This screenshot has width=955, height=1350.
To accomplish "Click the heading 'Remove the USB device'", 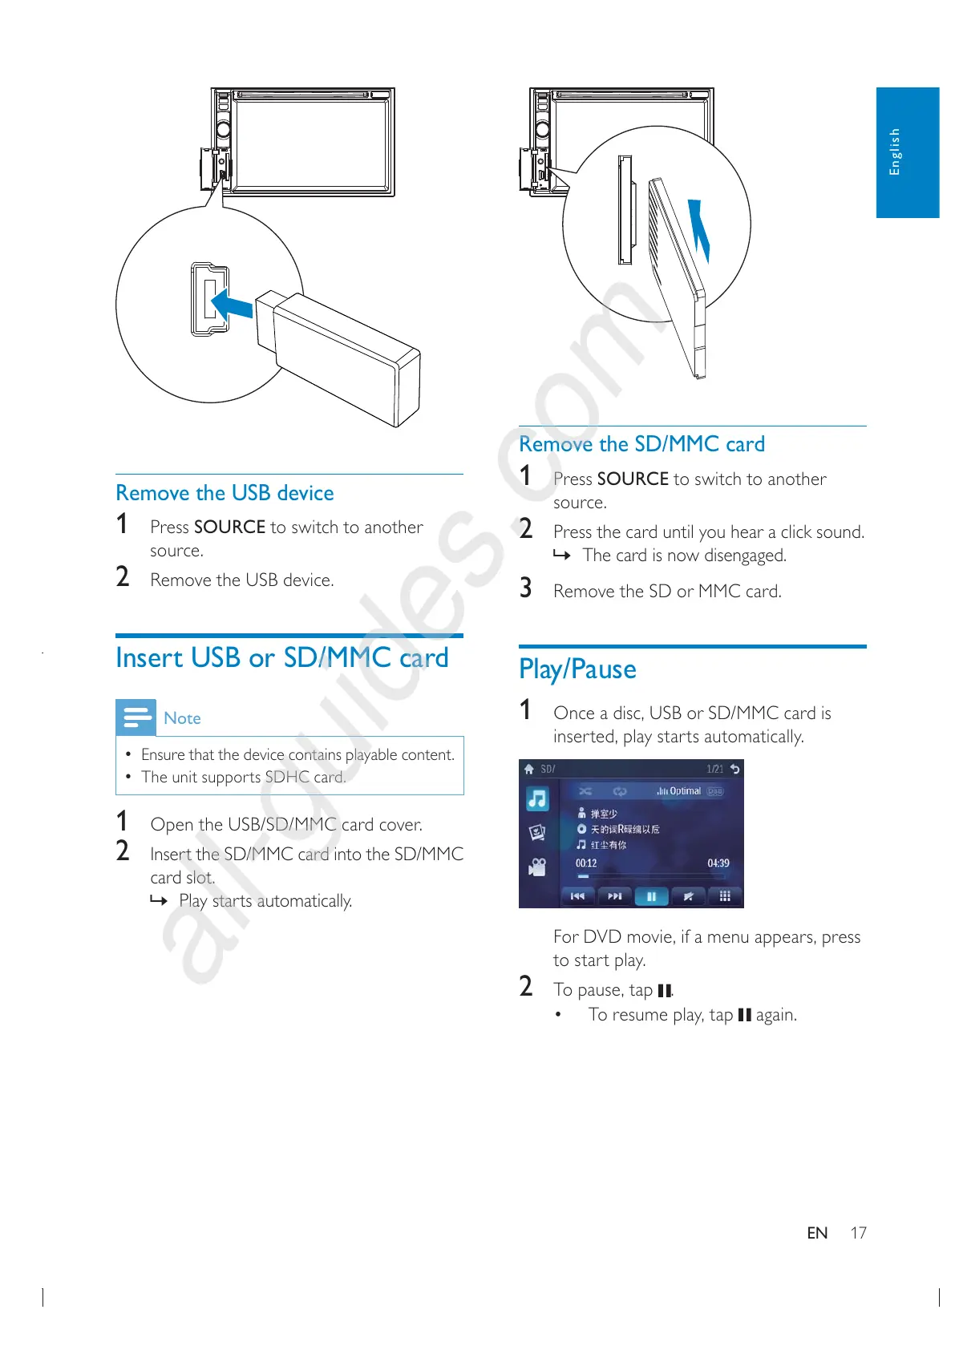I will (x=225, y=493).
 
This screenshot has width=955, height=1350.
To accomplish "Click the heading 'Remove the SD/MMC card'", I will (x=641, y=444).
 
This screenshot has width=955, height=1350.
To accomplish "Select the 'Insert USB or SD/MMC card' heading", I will (x=281, y=658).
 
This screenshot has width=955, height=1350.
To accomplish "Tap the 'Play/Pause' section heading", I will (x=577, y=669).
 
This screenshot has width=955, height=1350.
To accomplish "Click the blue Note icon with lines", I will (x=136, y=717).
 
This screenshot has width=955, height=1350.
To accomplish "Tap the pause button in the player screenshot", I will (x=651, y=896).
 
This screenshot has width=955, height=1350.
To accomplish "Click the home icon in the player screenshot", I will (x=529, y=769).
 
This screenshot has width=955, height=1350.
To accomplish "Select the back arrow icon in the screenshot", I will (x=734, y=769).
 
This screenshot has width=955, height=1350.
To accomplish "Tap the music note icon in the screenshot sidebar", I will (x=537, y=798).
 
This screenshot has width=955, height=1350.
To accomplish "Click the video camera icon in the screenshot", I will (x=537, y=867).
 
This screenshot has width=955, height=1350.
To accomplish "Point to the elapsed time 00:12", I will (x=586, y=863).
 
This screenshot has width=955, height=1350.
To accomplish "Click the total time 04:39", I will (x=718, y=863).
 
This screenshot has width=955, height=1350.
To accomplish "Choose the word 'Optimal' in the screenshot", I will (x=685, y=791).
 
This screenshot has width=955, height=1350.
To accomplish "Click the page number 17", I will (x=858, y=1233).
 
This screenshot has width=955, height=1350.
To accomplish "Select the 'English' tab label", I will (x=895, y=152).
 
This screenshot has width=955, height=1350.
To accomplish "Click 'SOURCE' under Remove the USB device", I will (x=229, y=527).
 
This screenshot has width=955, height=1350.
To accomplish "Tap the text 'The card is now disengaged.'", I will (x=684, y=556).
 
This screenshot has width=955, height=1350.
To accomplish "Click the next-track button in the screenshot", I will (x=614, y=896).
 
